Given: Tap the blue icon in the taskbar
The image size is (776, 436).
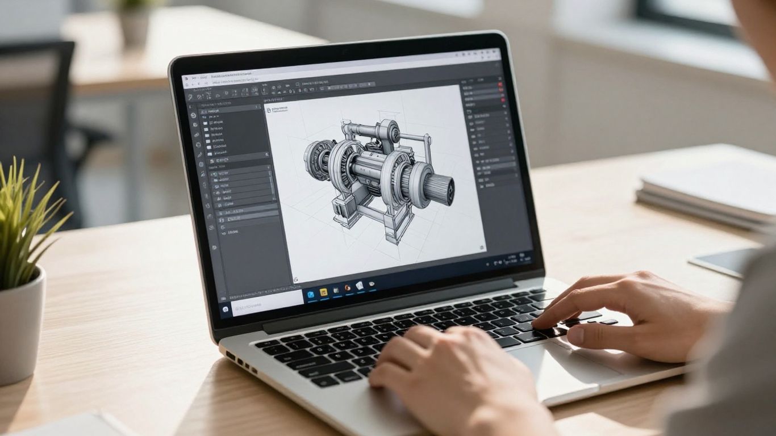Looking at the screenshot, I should [311, 294].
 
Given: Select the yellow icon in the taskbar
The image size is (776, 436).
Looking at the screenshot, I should [324, 292].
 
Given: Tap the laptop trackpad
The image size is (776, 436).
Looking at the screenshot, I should [574, 363].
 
